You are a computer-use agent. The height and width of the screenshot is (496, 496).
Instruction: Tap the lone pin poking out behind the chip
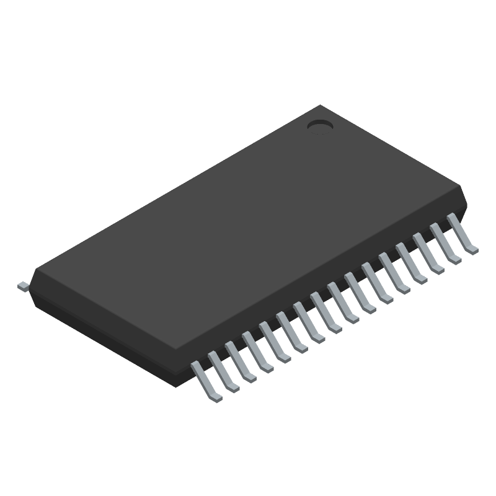pos(23,285)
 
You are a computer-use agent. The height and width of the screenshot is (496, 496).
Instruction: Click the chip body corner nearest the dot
pos(320,107)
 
